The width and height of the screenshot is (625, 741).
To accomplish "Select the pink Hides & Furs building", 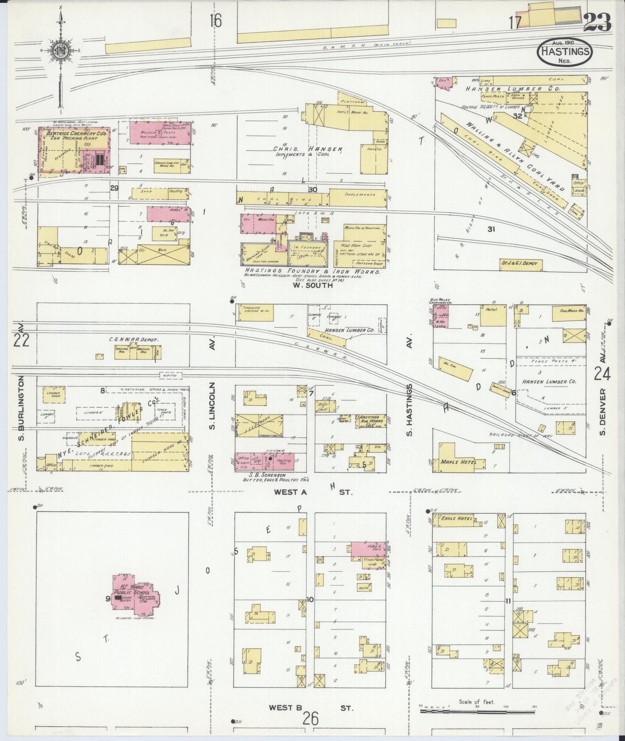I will tap(368, 549).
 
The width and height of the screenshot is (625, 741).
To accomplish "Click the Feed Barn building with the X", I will tap(259, 425).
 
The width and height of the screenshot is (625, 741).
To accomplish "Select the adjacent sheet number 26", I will tap(310, 719).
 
